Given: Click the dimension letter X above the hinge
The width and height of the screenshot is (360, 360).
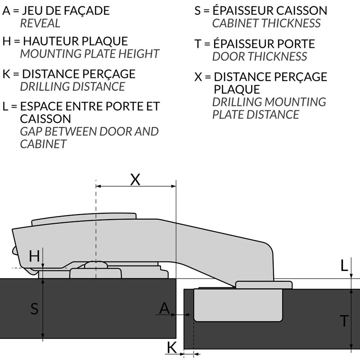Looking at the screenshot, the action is click(135, 180).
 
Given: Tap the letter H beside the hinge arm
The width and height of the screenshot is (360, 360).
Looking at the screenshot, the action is click(34, 256).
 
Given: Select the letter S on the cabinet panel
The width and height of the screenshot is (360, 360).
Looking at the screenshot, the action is click(35, 309).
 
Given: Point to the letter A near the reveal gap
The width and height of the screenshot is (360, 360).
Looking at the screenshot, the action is click(165, 308).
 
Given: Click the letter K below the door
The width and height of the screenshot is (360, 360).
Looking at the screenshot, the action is click(171, 347).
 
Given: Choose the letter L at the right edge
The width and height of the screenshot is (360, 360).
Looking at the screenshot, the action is click(344, 265).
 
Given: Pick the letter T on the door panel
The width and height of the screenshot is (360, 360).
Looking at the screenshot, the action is click(344, 321).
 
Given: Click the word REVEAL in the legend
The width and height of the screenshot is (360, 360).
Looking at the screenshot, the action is click(40, 23).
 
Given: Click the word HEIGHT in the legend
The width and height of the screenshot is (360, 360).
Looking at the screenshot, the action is click(139, 54).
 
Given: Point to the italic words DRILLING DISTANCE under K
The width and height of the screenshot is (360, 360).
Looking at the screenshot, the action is click(72, 86).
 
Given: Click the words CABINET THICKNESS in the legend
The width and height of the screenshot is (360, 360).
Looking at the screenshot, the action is click(266, 23).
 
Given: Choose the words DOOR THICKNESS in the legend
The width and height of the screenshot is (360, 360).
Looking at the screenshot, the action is click(260, 57).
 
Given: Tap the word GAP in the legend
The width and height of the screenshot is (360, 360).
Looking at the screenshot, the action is click(31, 131).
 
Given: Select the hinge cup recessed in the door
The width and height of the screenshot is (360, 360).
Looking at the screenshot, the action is click(238, 305).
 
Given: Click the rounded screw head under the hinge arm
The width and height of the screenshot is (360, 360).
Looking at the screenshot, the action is click(96, 265).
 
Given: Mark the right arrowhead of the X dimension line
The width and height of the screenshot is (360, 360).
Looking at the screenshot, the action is click(174, 186).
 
